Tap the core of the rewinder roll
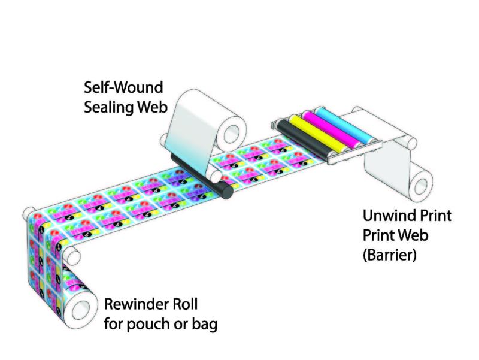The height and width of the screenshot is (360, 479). pos(78,308)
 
